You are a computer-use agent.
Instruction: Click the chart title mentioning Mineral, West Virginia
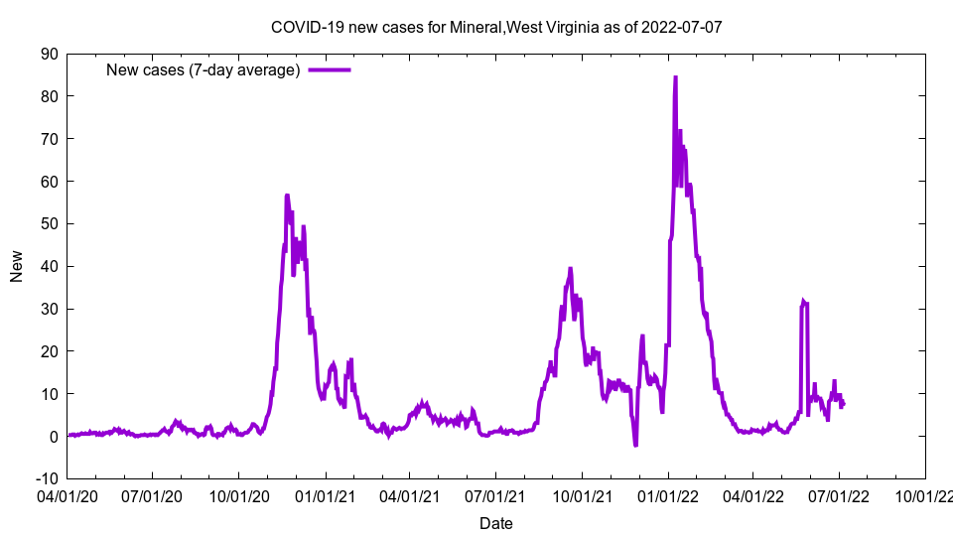pos(495,27)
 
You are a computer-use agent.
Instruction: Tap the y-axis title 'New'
pos(17,266)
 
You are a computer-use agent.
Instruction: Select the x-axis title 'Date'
pos(495,523)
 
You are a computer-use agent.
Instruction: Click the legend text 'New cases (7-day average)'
pos(203,69)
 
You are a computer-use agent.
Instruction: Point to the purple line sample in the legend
pos(329,69)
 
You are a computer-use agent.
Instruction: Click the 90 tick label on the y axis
pos(48,54)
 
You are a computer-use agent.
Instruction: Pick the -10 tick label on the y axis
pos(45,478)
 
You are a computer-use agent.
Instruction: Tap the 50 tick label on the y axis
pos(48,223)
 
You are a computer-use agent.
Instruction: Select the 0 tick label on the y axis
pos(52,436)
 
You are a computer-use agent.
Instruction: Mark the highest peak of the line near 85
pos(675,77)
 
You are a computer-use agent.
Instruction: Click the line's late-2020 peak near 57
pos(287,196)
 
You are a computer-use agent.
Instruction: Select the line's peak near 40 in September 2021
pos(570,268)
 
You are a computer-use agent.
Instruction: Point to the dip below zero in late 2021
pos(635,445)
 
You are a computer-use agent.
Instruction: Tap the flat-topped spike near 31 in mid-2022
pos(805,302)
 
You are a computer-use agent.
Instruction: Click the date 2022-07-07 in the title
pos(681,27)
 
